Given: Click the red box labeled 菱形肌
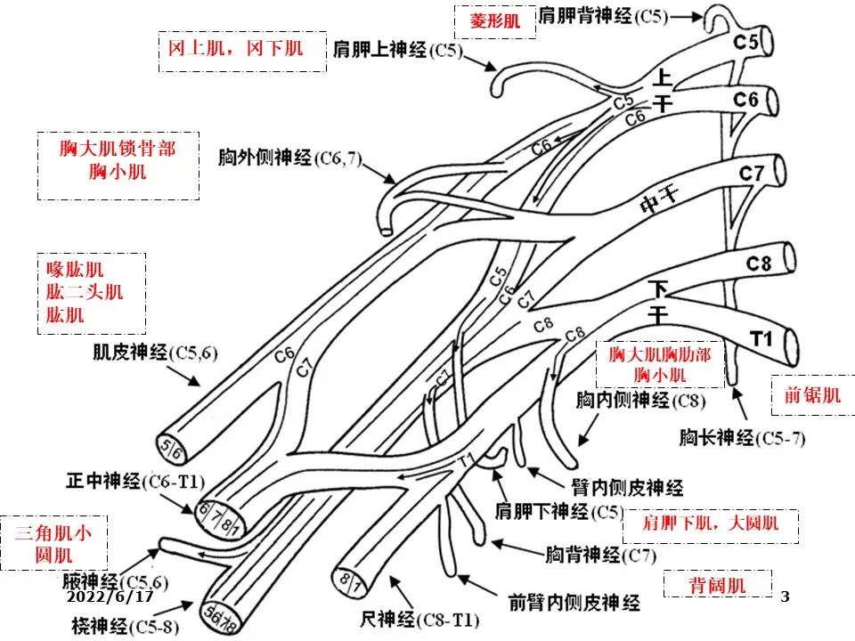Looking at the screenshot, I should pos(495,21).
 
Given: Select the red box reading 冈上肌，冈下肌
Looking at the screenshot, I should pos(235,46).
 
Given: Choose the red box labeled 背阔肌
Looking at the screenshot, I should pos(717,585).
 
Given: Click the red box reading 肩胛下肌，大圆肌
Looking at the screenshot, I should pos(710,523).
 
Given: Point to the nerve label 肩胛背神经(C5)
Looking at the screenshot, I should pos(601,16).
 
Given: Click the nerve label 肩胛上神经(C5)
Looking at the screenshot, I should pos(398,51).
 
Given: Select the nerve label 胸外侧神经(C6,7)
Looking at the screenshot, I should pos(289,158).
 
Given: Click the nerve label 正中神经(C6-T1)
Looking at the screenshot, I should pos(135,482).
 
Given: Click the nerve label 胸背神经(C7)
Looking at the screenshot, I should pos(599,556).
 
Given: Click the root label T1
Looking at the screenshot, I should pos(760,338).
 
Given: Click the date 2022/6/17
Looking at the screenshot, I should pos(110,596).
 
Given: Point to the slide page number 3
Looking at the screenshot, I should pos(785,596).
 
